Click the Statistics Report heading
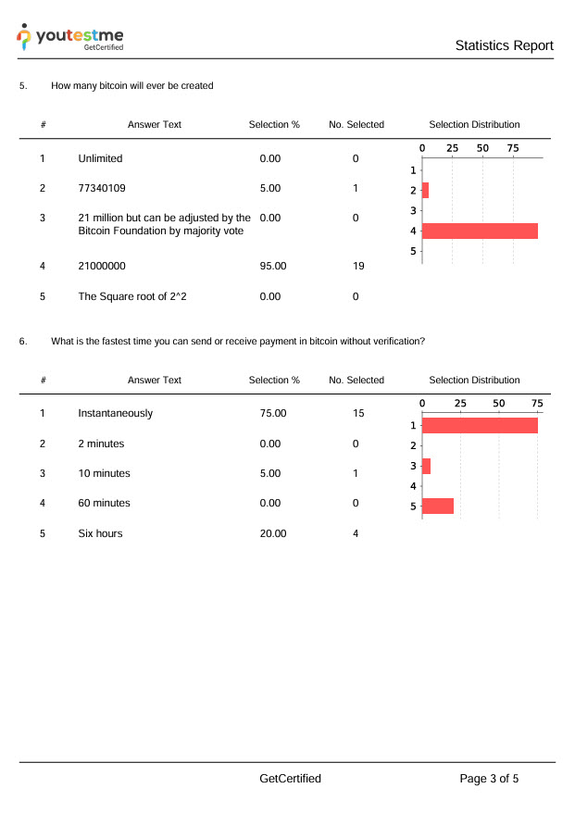[504, 45]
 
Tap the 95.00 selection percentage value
[273, 266]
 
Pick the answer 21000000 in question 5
[102, 266]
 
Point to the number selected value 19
[357, 266]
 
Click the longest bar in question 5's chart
[480, 231]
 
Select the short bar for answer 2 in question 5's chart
[425, 190]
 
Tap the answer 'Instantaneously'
[116, 413]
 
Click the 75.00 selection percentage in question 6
[273, 413]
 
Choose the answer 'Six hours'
[100, 533]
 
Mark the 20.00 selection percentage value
[273, 533]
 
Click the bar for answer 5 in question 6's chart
[438, 506]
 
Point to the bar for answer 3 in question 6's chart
[426, 466]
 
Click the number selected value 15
[357, 413]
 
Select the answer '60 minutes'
[104, 503]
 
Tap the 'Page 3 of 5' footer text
[489, 779]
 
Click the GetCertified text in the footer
[291, 779]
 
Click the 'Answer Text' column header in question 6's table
[155, 380]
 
